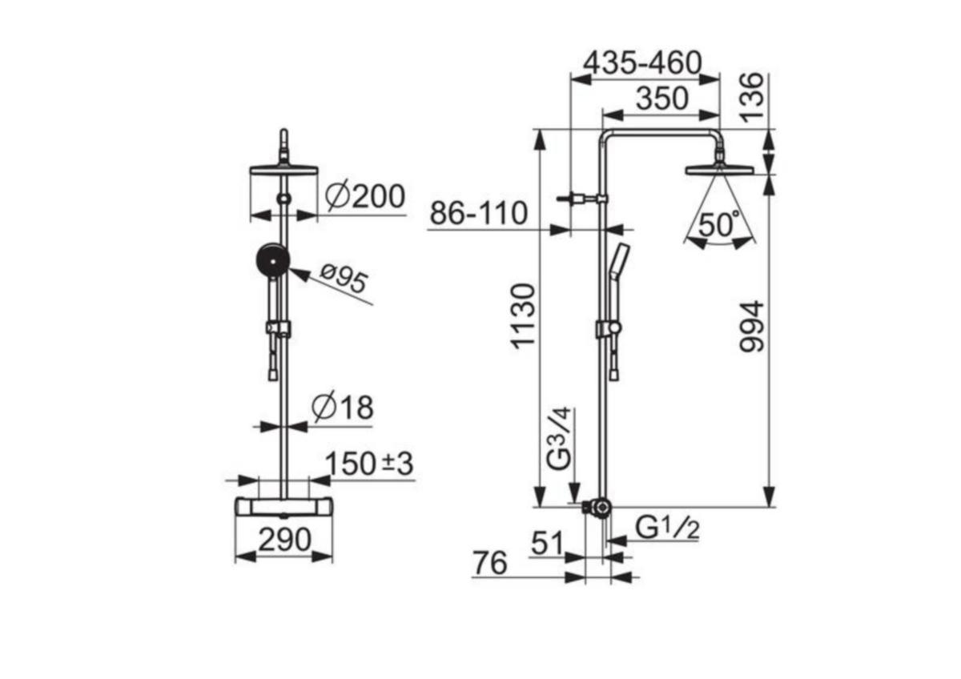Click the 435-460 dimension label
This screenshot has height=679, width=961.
[642, 63]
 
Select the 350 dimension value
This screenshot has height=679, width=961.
[662, 98]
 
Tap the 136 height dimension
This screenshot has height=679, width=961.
[753, 98]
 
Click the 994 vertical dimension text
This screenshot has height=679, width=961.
[752, 327]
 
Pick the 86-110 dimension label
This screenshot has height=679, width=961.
[478, 213]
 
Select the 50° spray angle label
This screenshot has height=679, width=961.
[719, 224]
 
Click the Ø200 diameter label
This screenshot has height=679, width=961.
[364, 197]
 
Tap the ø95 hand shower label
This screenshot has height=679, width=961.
[344, 279]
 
